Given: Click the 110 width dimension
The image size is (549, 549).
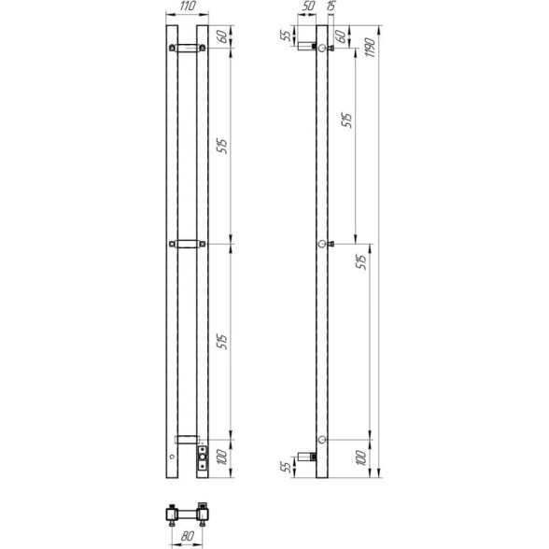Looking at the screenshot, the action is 188,7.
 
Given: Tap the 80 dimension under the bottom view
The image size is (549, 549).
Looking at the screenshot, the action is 188,536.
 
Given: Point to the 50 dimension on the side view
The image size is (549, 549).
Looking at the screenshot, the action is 308,7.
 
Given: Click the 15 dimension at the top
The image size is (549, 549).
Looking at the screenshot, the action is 331,7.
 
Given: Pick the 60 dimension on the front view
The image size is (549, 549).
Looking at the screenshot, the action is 222,36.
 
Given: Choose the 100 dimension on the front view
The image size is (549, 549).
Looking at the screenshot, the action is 222,457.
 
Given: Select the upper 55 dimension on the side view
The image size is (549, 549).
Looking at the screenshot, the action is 286,35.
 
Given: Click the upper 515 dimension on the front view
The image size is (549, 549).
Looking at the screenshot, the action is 222,146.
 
